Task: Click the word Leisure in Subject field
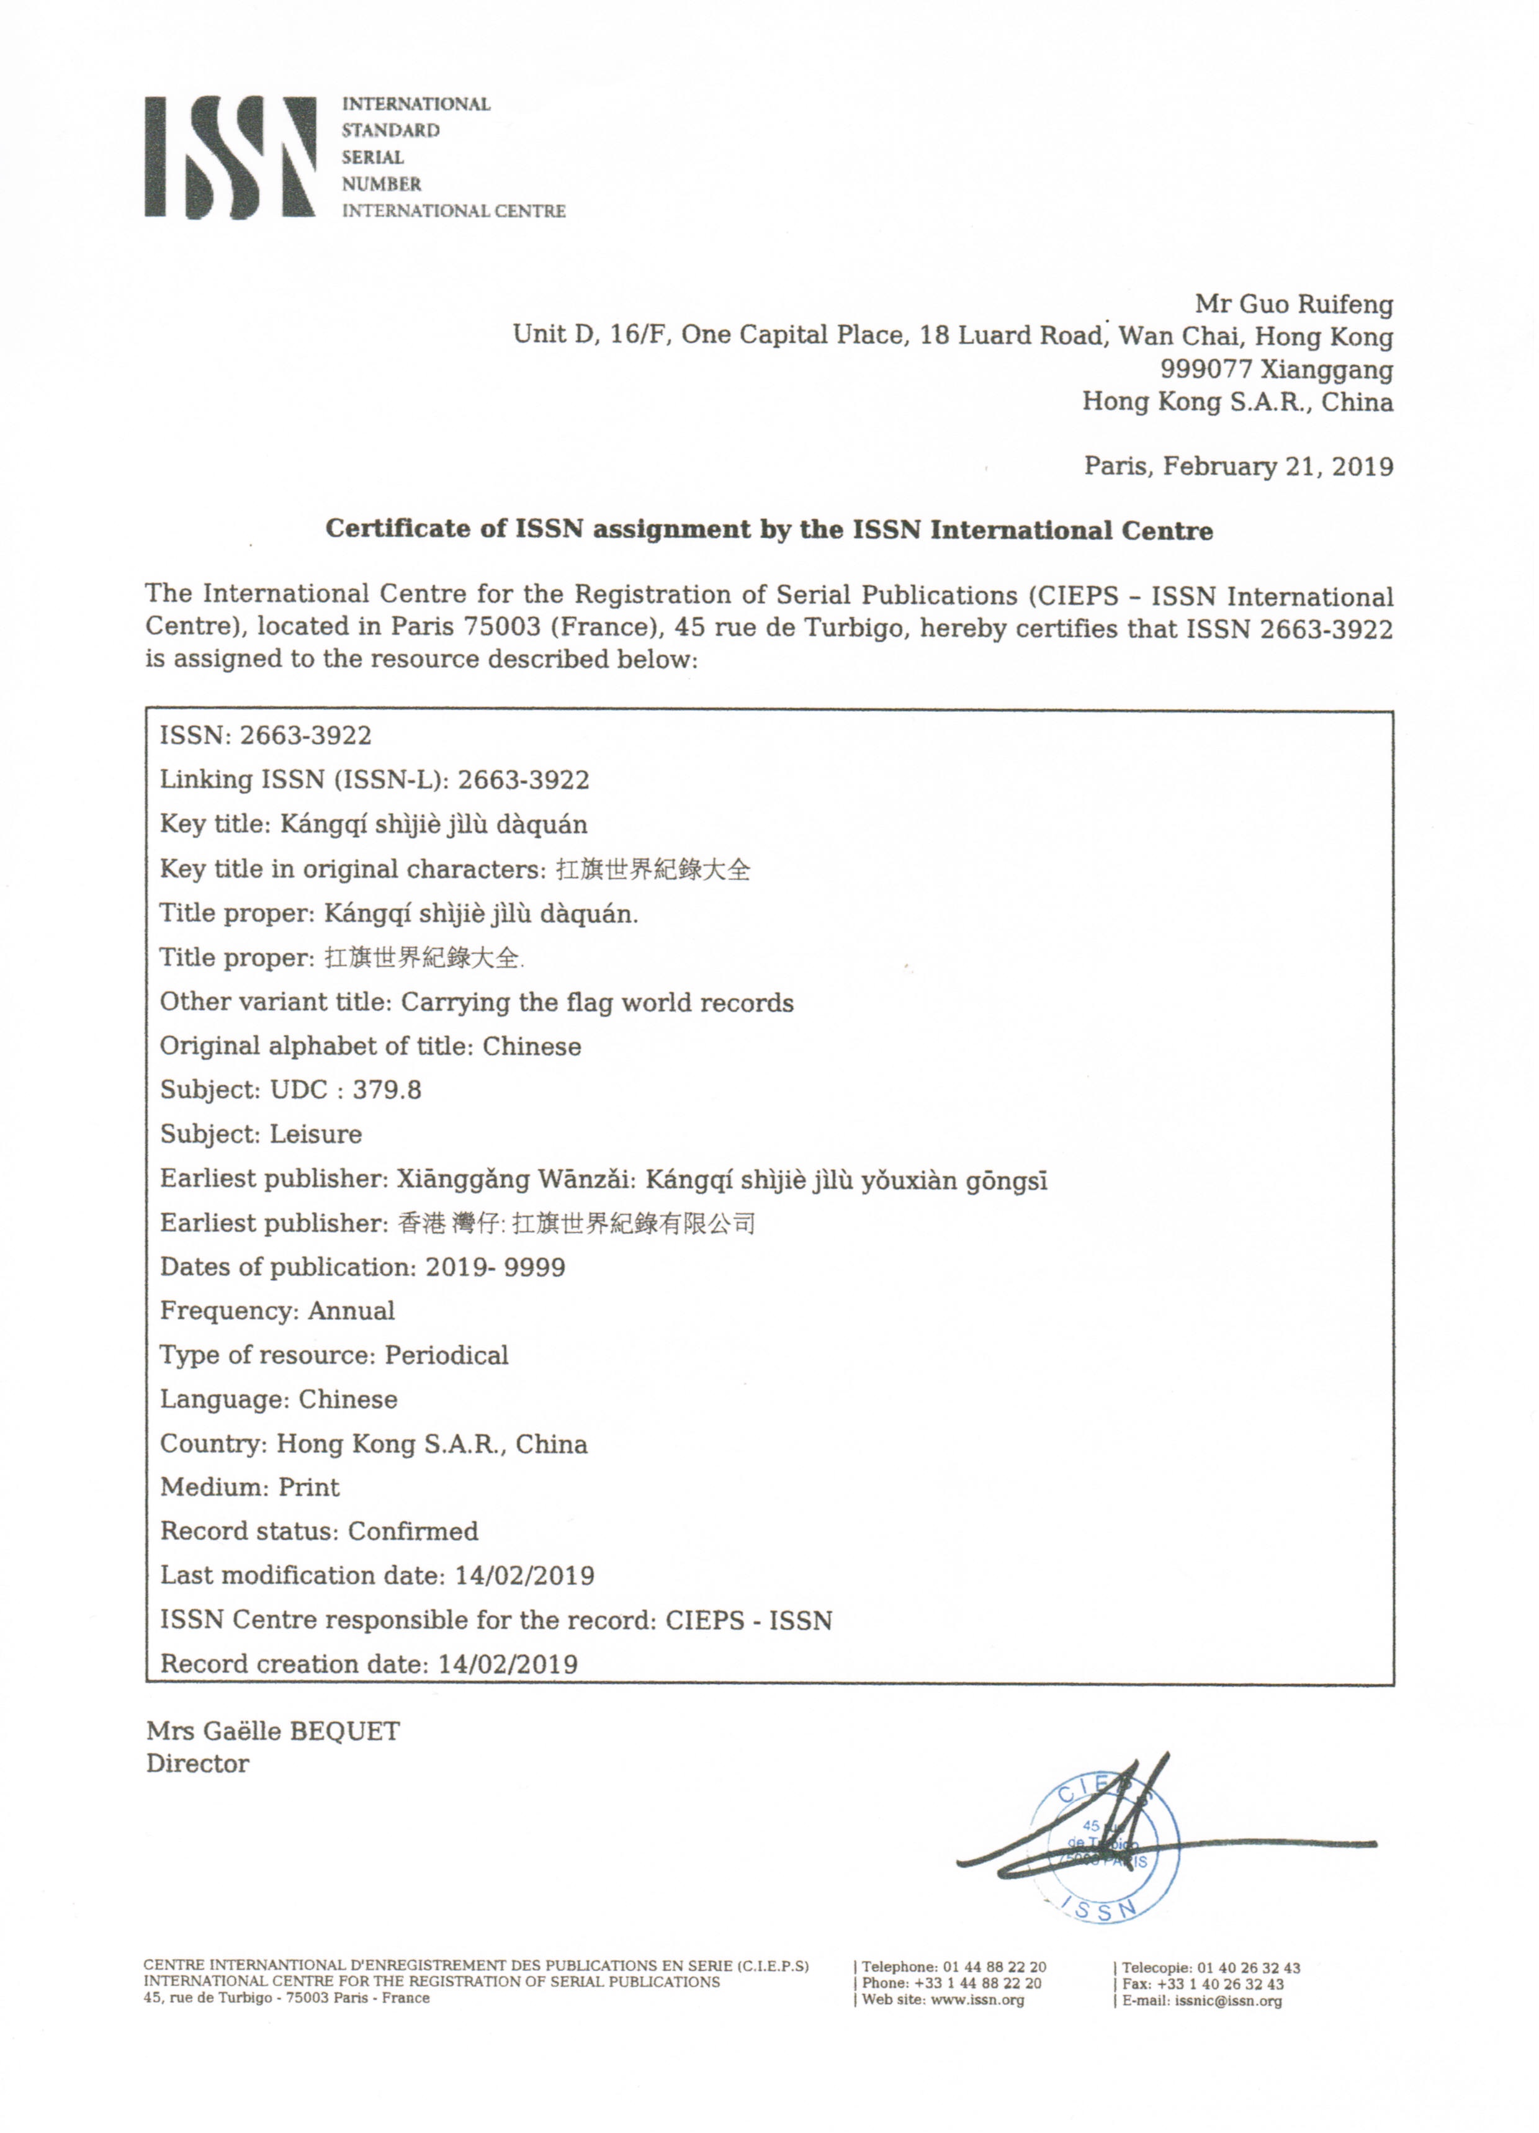[x=316, y=1134]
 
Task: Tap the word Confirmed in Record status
[x=413, y=1532]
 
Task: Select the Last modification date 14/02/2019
[x=525, y=1576]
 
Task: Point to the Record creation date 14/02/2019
[x=508, y=1664]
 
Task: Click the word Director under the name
[x=197, y=1764]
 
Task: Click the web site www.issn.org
[x=977, y=2000]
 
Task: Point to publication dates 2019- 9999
[x=495, y=1268]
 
